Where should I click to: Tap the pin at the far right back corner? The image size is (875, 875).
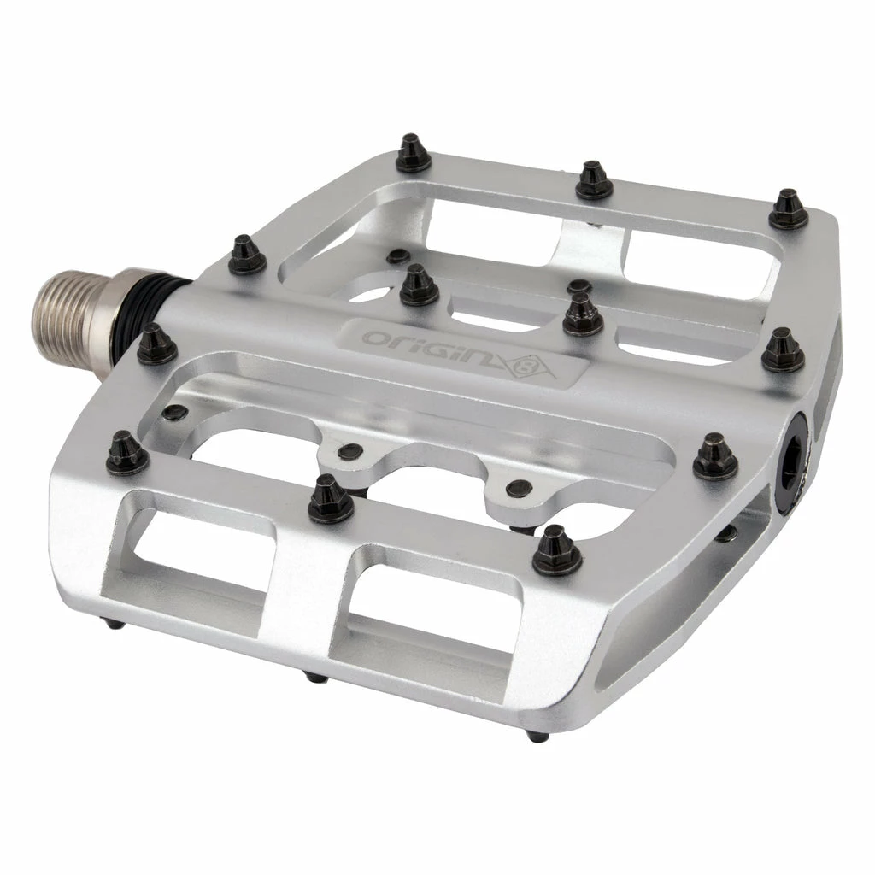(x=788, y=209)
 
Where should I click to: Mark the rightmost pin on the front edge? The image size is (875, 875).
(x=556, y=549)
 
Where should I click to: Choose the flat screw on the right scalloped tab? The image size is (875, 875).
(x=518, y=488)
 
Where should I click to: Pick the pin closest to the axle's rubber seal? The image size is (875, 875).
(x=156, y=343)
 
